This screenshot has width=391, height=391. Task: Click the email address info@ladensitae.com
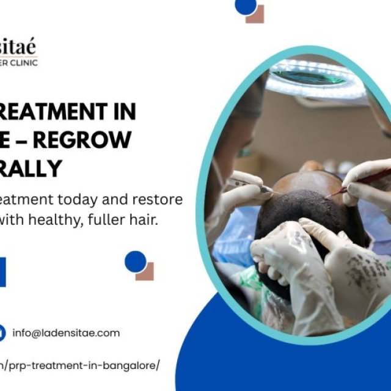coord(66,333)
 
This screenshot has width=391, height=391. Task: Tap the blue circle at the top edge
coord(245,5)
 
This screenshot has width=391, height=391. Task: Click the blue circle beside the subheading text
coord(135,261)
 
